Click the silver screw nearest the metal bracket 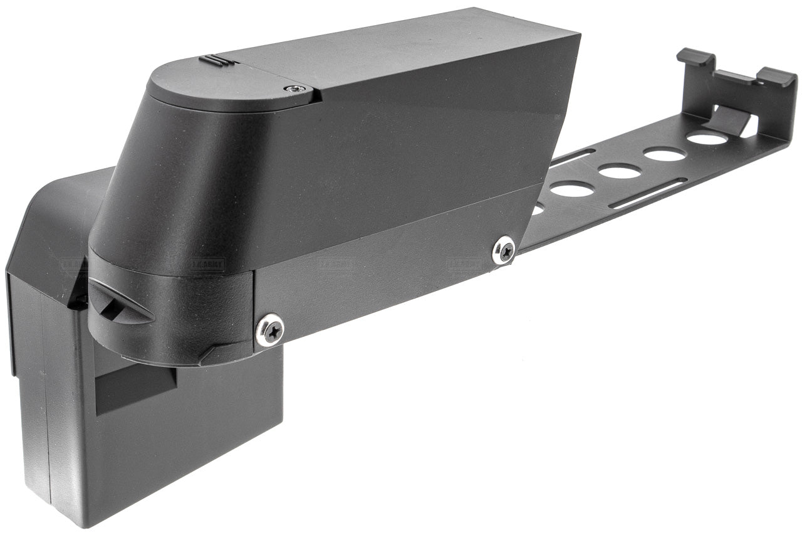[504, 250]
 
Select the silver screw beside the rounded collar [270, 329]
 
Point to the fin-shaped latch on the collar [119, 301]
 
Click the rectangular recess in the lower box [135, 388]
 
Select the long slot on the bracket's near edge [645, 193]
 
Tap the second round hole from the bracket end [664, 154]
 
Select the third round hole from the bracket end [619, 170]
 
